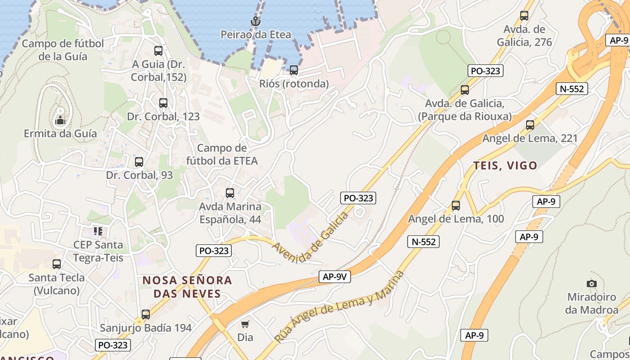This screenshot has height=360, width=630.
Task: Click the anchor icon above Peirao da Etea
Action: [x=256, y=21]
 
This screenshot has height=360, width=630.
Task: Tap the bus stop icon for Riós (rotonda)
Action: [x=294, y=70]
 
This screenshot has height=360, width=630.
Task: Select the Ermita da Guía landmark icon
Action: [x=60, y=120]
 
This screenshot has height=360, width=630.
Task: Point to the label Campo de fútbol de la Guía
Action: [x=63, y=50]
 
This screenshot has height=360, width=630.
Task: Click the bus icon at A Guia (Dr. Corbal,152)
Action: [x=158, y=51]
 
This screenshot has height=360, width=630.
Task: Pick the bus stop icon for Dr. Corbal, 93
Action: [x=139, y=162]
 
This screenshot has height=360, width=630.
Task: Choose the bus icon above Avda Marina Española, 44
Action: [x=230, y=193]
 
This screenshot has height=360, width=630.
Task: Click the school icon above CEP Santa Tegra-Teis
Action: [x=98, y=231]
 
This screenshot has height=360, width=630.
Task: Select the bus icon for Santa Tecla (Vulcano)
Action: [x=57, y=264]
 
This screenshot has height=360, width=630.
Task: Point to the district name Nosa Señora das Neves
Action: [x=187, y=287]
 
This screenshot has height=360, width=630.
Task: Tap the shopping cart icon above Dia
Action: [x=245, y=324]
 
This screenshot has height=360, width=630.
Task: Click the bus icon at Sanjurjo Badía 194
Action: [x=146, y=315]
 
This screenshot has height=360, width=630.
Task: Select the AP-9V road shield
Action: [x=334, y=277]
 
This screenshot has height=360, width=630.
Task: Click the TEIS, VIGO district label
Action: [x=505, y=166]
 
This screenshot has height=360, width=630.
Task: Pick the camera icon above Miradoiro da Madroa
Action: [x=592, y=283]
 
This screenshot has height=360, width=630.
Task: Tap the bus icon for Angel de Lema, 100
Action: [x=456, y=206]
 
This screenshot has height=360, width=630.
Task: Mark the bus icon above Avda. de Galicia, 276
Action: [x=524, y=16]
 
